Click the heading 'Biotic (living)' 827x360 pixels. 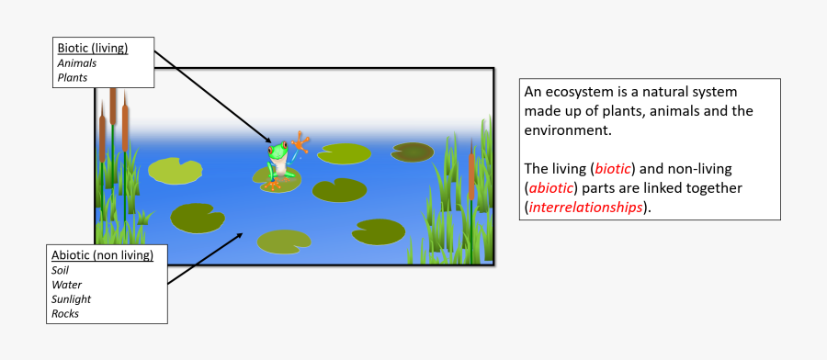click(93, 48)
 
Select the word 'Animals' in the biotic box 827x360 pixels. click(77, 63)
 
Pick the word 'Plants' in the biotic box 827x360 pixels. click(73, 78)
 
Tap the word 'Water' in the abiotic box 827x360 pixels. click(67, 285)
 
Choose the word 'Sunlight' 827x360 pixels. click(72, 299)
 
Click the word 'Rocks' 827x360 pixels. click(66, 314)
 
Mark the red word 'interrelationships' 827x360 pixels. click(586, 208)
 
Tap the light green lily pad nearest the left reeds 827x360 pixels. click(175, 170)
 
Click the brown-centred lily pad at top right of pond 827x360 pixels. click(412, 152)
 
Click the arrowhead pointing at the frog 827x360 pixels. click(271, 143)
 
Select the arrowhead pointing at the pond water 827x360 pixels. click(242, 233)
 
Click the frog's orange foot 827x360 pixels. click(272, 185)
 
